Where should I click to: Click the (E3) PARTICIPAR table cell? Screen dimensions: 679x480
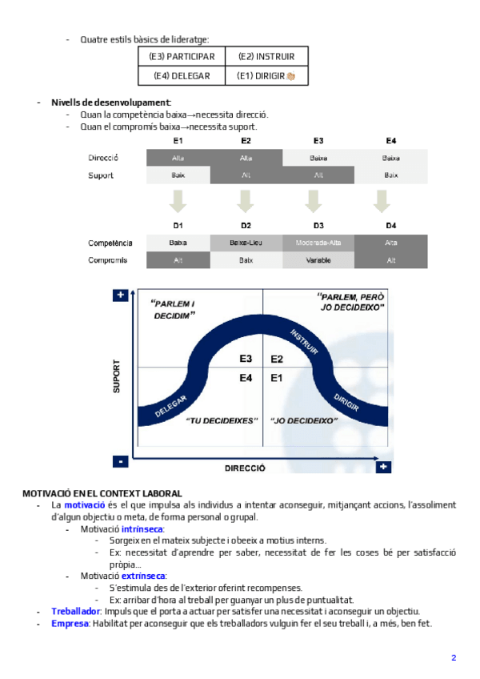tap(182, 57)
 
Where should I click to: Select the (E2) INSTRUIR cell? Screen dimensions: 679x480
tap(266, 57)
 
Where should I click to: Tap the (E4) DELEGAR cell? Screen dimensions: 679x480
tap(182, 76)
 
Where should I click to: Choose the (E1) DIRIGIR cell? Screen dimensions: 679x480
tap(266, 76)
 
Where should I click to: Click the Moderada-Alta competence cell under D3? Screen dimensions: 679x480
tap(318, 243)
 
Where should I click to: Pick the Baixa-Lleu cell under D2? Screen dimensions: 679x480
tap(246, 243)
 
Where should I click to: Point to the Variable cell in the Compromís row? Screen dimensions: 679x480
tap(318, 260)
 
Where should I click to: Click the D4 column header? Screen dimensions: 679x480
tap(391, 226)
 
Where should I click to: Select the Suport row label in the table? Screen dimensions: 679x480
tap(101, 175)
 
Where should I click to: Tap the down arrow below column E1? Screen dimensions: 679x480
tap(178, 200)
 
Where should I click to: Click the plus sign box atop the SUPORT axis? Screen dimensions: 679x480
tap(120, 296)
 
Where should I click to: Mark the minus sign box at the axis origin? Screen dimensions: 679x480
tap(120, 462)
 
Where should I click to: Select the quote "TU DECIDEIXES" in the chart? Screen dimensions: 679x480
tap(220, 420)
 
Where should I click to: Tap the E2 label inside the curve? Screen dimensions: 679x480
tap(277, 360)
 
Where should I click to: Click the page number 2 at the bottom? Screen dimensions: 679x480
tap(454, 657)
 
